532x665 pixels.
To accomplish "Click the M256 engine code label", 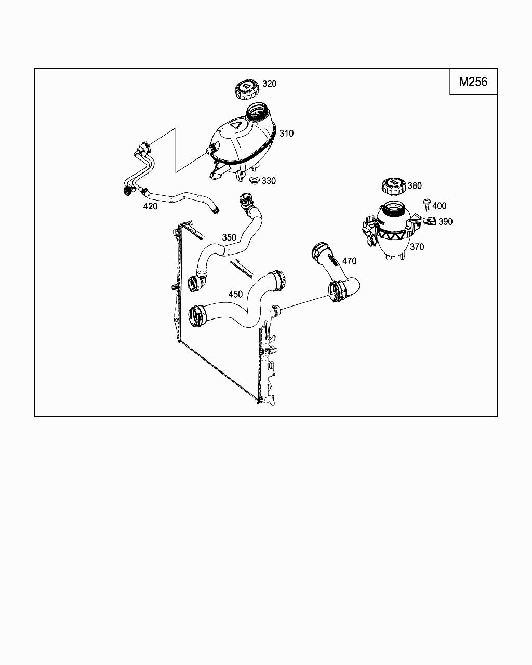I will pos(473,82).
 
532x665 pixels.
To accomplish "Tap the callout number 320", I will pos(269,84).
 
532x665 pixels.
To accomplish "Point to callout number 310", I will pos(286,134).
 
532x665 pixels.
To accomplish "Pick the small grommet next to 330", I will pos(254,181).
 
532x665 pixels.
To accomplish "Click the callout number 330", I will pos(269,181).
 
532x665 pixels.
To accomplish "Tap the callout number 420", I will pos(150,206).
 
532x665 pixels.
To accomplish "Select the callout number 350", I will pos(229,237).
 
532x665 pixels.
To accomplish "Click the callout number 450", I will pos(235,294).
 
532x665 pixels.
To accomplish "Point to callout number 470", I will pos(349,261).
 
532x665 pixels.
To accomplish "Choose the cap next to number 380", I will pos(393,186).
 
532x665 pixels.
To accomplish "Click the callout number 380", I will pos(415,186).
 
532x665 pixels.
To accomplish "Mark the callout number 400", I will pos(439,206).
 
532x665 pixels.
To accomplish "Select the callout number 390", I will pos(445,222).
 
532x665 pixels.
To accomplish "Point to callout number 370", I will pos(417,247).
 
